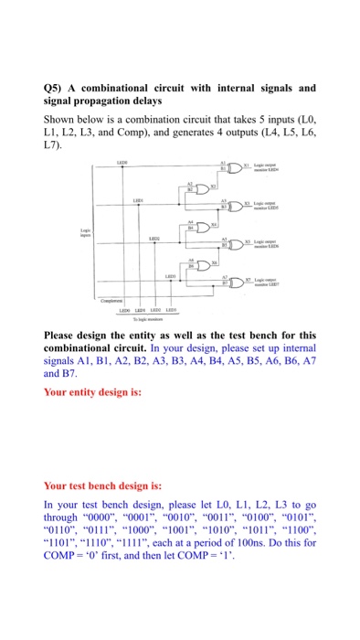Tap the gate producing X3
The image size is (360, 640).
tap(234, 207)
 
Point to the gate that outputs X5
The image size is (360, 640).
tap(234, 242)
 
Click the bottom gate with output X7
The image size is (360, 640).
tap(234, 281)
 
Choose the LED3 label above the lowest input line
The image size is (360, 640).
tap(171, 273)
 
